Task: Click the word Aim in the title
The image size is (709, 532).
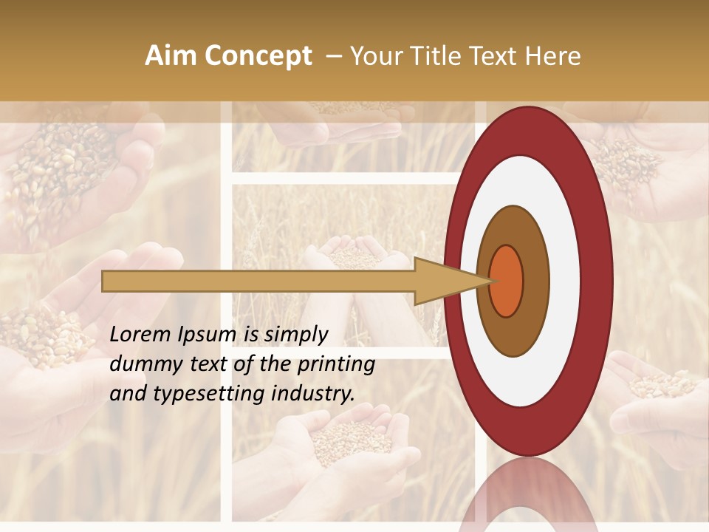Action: coord(171,56)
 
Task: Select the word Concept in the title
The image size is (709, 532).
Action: coord(257,56)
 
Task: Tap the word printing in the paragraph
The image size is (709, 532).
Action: coord(337,365)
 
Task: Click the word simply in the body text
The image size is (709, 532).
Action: coord(295,335)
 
